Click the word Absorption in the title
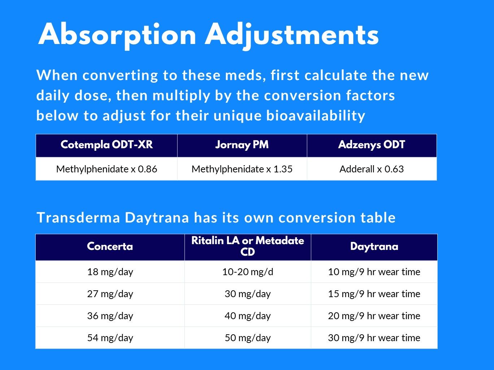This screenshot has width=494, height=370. [117, 35]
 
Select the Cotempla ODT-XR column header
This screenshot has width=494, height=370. [107, 145]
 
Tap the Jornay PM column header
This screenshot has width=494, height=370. [242, 145]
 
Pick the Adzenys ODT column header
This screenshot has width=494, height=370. [371, 145]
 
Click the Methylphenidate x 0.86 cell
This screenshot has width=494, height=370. [107, 169]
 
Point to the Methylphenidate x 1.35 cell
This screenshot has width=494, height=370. [242, 169]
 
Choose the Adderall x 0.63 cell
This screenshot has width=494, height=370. [371, 169]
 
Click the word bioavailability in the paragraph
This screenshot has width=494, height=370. [316, 116]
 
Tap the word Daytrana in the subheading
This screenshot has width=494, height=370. [157, 218]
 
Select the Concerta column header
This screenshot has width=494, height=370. [110, 247]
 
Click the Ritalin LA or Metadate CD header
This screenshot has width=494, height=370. [247, 246]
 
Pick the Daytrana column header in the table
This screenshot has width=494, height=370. [374, 247]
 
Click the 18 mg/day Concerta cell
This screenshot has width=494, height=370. [110, 272]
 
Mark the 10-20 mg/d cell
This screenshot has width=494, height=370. [247, 272]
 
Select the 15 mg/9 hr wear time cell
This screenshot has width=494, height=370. [374, 294]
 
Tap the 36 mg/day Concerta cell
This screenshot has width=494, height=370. [110, 316]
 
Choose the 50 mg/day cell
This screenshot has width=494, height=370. [247, 338]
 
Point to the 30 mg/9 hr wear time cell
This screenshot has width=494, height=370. [374, 338]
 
